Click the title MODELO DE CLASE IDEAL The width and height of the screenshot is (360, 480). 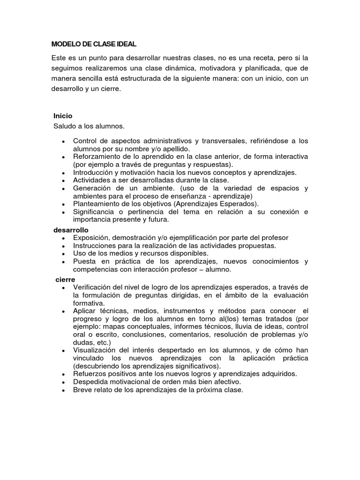tap(94, 44)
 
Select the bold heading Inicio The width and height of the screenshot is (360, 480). tap(63, 115)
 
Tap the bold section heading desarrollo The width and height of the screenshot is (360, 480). tap(70, 230)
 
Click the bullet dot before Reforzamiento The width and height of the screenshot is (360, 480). tap(63, 157)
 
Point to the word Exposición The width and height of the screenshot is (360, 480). tap(92, 238)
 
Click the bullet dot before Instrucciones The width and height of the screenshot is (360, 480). tap(63, 246)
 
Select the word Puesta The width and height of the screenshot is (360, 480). tap(84, 261)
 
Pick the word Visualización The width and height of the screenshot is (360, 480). tap(96, 350)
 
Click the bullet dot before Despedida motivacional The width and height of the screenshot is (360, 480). tap(63, 382)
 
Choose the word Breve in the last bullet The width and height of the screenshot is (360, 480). tap(83, 390)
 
